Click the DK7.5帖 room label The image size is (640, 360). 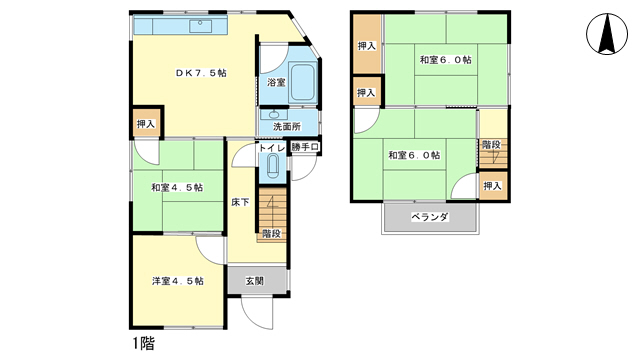pos(201,73)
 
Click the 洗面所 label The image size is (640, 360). pos(287,127)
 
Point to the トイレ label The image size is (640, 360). pos(272,148)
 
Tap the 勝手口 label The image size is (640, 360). pos(305,148)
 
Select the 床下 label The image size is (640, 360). pos(240,202)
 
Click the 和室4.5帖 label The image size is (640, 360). pos(177,187)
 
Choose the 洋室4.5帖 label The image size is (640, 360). pos(177,281)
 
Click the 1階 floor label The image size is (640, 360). pos(143,343)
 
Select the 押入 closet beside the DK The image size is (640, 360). pos(146,124)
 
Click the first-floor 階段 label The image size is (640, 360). pos(270,233)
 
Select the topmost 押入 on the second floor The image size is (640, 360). pos(367,45)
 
